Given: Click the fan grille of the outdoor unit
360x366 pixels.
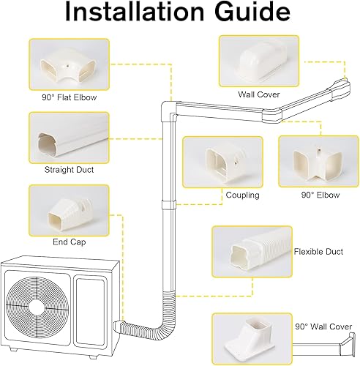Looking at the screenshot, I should tap(34, 303).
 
